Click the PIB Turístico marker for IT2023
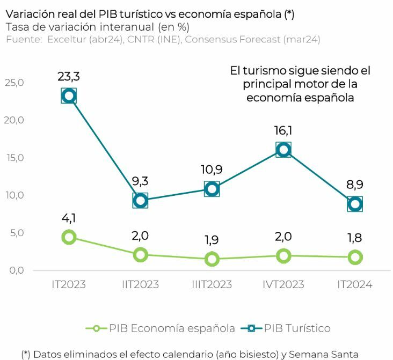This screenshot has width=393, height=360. [69, 96]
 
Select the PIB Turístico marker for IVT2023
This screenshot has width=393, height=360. [283, 150]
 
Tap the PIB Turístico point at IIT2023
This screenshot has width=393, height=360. [141, 201]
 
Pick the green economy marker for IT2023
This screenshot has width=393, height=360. [69, 237]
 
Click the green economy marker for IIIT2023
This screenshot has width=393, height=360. [212, 259]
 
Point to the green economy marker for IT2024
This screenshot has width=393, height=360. [355, 257]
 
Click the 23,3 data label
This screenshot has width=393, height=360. [69, 76]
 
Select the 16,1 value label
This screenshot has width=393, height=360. [283, 130]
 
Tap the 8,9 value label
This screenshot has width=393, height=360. [355, 184]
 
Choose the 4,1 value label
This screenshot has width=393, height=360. [69, 218]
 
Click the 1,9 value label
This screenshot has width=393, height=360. [212, 239]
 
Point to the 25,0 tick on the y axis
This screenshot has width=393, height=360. [14, 83]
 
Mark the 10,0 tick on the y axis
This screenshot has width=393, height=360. [14, 195]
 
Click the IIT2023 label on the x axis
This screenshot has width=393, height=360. [141, 284]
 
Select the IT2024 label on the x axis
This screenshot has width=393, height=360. [355, 284]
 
